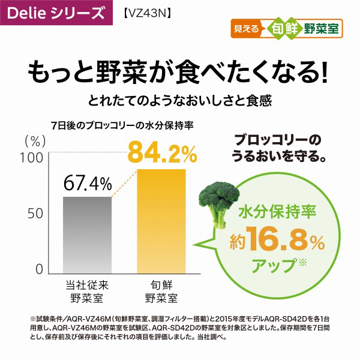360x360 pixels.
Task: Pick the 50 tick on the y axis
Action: click(x=34, y=213)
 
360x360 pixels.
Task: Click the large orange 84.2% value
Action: click(x=163, y=154)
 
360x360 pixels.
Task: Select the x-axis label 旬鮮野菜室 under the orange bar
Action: click(x=162, y=290)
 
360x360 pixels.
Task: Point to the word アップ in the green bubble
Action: click(x=277, y=263)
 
